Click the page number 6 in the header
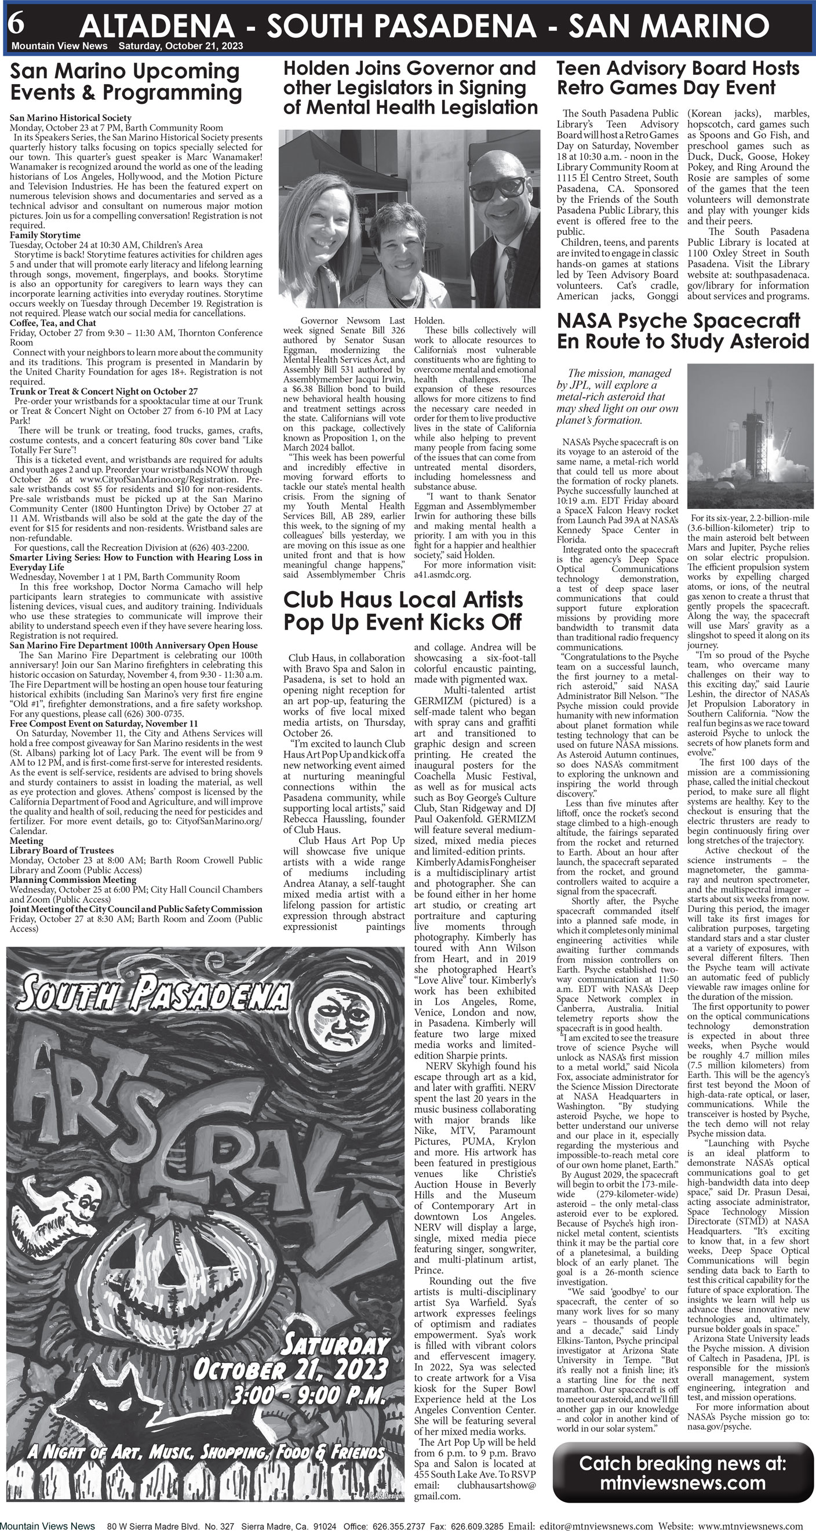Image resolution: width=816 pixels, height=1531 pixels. [17, 24]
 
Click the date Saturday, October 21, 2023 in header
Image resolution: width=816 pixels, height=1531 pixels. [180, 46]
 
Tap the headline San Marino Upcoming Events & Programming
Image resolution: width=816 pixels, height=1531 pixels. [126, 82]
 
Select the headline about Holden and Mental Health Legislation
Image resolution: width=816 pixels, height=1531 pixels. [410, 88]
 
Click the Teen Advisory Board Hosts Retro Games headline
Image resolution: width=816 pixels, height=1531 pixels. [677, 78]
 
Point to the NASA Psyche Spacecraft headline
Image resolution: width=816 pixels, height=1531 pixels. [682, 331]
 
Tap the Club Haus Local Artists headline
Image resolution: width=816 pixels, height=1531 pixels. [403, 610]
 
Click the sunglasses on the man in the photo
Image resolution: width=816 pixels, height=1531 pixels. [504, 186]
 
